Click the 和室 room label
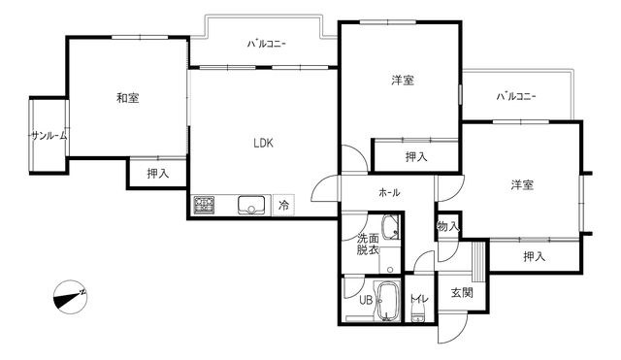pyautogui.click(x=126, y=97)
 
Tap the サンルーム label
pyautogui.click(x=49, y=136)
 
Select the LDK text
pyautogui.click(x=263, y=144)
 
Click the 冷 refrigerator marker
pyautogui.click(x=283, y=205)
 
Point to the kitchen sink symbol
pyautogui.click(x=251, y=205)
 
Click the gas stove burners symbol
pyautogui.click(x=205, y=205)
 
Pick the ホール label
pyautogui.click(x=389, y=192)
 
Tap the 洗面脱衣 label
pyautogui.click(x=368, y=244)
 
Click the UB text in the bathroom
pyautogui.click(x=366, y=299)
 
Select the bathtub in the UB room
pyautogui.click(x=388, y=301)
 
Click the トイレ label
pyautogui.click(x=417, y=299)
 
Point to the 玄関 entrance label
pyautogui.click(x=461, y=293)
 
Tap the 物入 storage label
pyautogui.click(x=447, y=226)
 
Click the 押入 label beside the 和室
pyautogui.click(x=157, y=174)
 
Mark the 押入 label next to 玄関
pyautogui.click(x=534, y=256)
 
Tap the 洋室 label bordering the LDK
pyautogui.click(x=403, y=81)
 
